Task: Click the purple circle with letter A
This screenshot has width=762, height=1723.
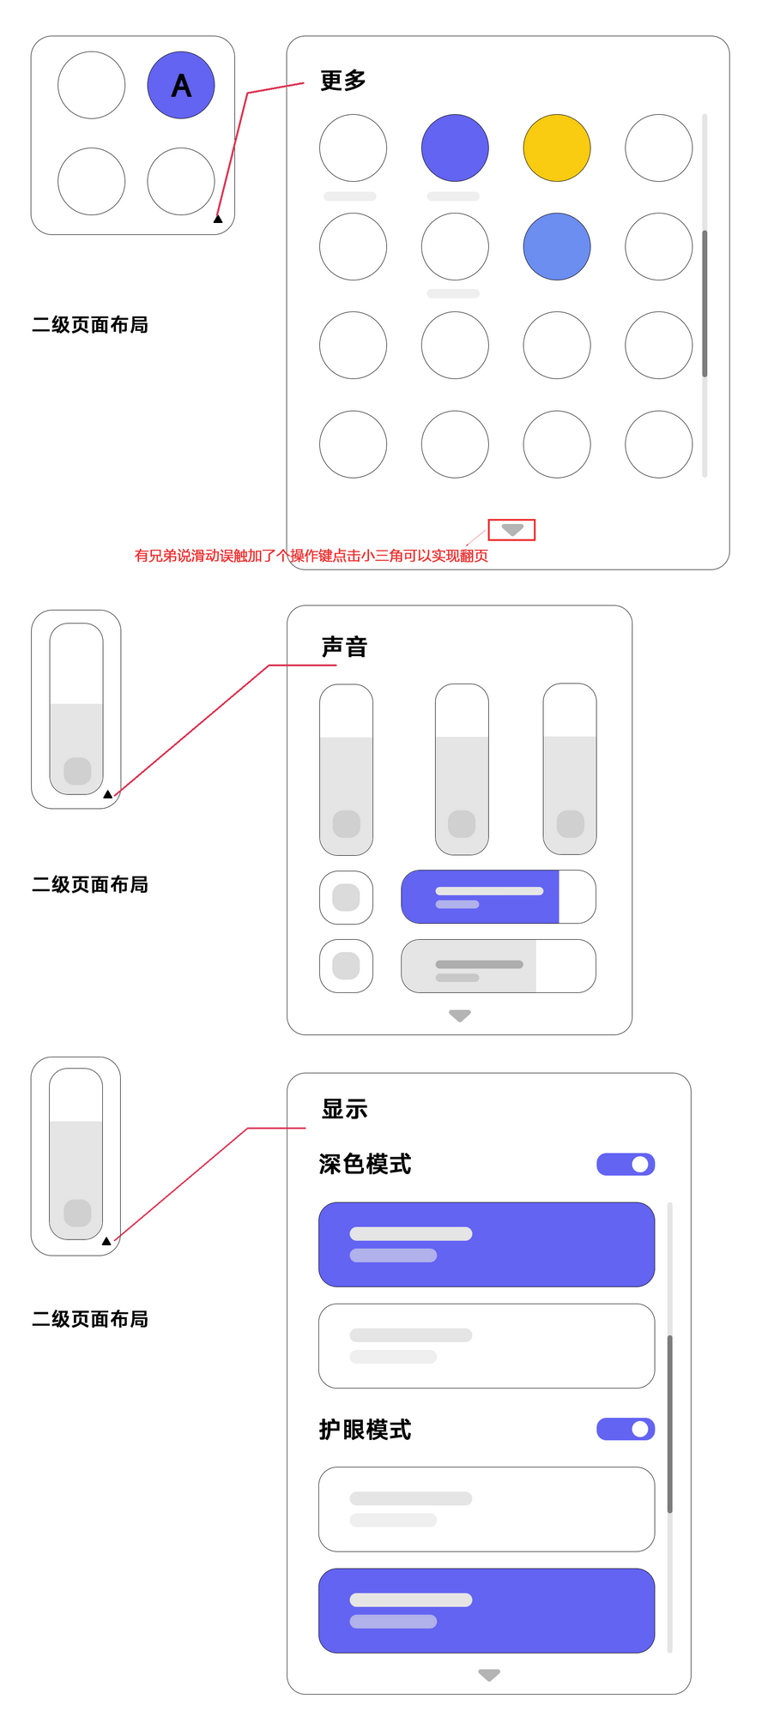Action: click(x=181, y=85)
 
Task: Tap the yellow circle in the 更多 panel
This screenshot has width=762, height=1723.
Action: click(x=557, y=148)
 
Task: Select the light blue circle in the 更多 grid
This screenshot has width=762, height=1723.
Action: click(x=557, y=246)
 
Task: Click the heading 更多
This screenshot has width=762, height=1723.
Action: click(x=343, y=81)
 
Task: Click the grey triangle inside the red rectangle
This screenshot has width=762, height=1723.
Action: click(x=512, y=530)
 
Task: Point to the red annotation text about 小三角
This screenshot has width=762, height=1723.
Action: click(x=311, y=556)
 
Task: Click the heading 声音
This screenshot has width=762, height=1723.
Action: click(x=344, y=648)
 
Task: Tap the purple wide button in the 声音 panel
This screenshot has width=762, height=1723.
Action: click(x=481, y=897)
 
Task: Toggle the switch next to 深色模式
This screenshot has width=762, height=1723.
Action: click(x=626, y=1164)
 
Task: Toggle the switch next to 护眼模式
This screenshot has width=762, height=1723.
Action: click(x=626, y=1429)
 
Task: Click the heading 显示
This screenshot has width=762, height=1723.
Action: click(x=344, y=1109)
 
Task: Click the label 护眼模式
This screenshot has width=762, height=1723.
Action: click(x=365, y=1430)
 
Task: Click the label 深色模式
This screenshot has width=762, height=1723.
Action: click(x=365, y=1164)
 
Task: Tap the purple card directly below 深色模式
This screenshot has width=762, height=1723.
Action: click(x=487, y=1244)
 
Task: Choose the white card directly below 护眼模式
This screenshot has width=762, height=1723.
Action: click(x=487, y=1509)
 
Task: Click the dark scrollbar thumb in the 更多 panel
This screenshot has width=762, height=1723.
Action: click(x=705, y=303)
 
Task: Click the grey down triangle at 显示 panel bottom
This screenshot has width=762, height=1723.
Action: click(x=489, y=1675)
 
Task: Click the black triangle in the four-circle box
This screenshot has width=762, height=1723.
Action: click(x=218, y=220)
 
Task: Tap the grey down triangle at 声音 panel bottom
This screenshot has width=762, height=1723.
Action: click(x=460, y=1015)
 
